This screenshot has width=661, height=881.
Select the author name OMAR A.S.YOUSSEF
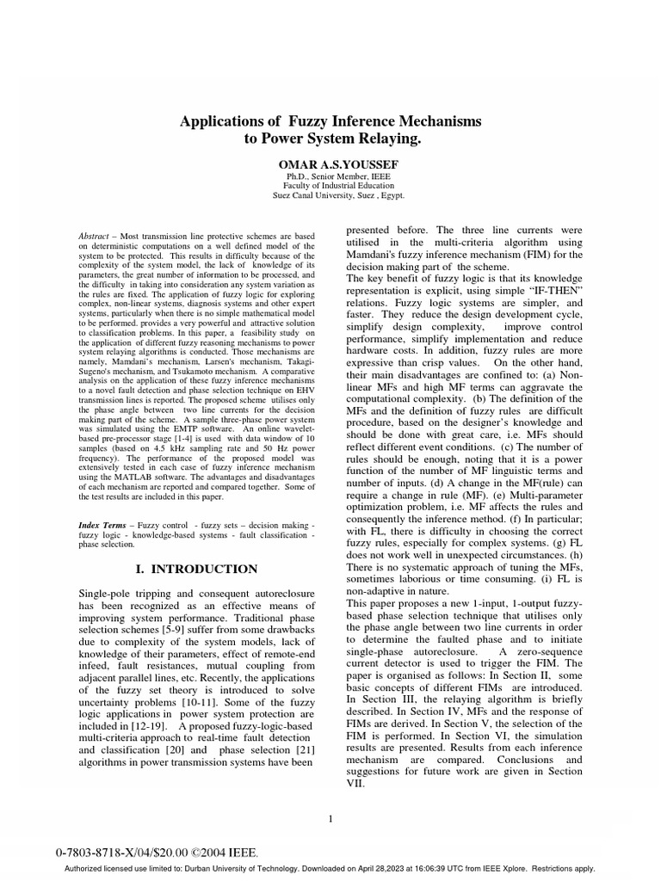(330, 163)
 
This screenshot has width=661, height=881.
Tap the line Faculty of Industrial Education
(330, 185)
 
